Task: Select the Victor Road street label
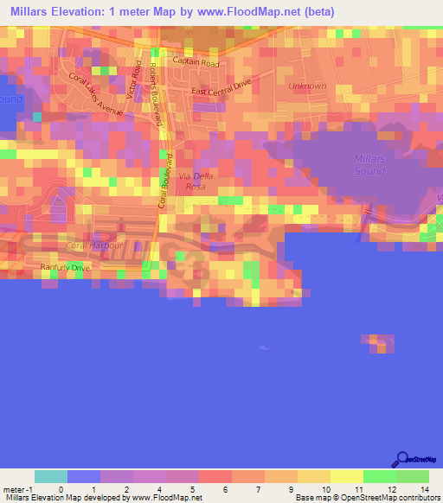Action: coord(133,80)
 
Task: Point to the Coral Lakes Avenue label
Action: coord(97,94)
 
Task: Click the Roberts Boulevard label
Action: coord(156,95)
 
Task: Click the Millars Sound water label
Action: coord(370,164)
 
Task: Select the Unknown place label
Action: coord(307,86)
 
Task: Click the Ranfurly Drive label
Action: coord(65,268)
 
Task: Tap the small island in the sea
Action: coord(379,343)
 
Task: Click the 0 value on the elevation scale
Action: coord(60,489)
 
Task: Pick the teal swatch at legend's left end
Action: coord(51,476)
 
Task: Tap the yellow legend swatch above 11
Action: coord(347,476)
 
